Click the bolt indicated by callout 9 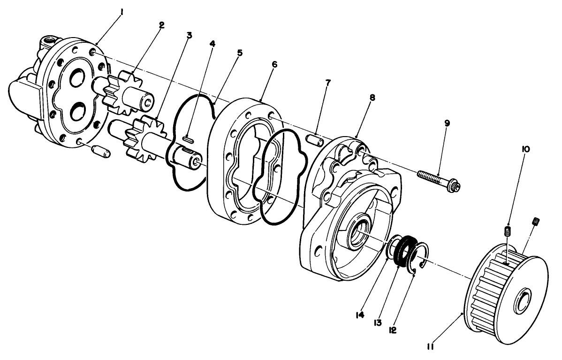(439, 180)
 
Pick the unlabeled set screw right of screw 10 (535, 221)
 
